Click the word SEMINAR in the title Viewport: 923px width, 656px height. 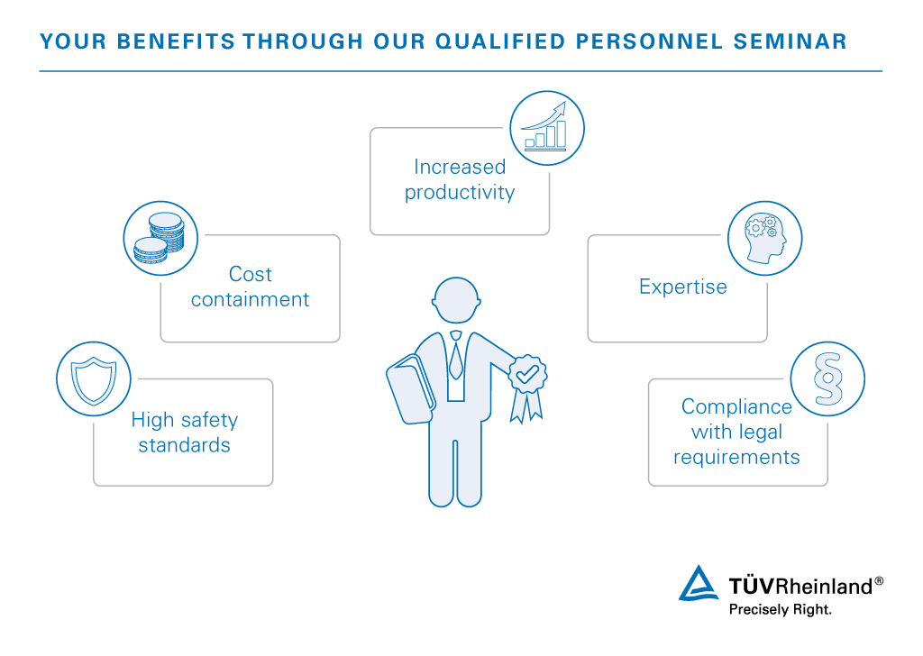[x=790, y=41]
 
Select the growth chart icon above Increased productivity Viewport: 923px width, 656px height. [x=547, y=128]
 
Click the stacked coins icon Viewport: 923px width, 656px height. [x=160, y=238]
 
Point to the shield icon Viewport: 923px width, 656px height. [x=94, y=378]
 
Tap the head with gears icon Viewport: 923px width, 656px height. [x=764, y=238]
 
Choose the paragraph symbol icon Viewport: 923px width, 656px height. [x=827, y=378]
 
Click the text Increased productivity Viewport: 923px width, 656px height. [x=460, y=179]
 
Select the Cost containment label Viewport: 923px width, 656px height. [x=251, y=287]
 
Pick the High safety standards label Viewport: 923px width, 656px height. [x=184, y=433]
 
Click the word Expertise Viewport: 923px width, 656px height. [x=683, y=287]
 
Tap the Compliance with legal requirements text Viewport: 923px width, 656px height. [x=736, y=432]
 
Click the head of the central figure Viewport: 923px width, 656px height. [x=456, y=300]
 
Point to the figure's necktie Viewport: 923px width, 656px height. [x=455, y=355]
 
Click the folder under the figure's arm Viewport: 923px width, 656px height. [x=411, y=389]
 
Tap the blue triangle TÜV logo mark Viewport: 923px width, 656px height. [x=699, y=584]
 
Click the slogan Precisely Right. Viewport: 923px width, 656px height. [x=780, y=609]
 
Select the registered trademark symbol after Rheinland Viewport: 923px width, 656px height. [x=879, y=580]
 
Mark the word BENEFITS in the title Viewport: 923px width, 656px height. [x=176, y=41]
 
